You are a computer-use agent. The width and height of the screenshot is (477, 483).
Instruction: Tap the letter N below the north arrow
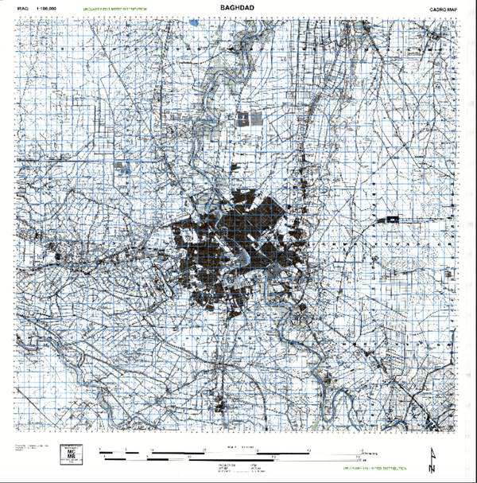[x=432, y=469]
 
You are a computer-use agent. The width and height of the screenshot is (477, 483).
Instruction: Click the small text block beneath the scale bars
[x=242, y=468]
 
